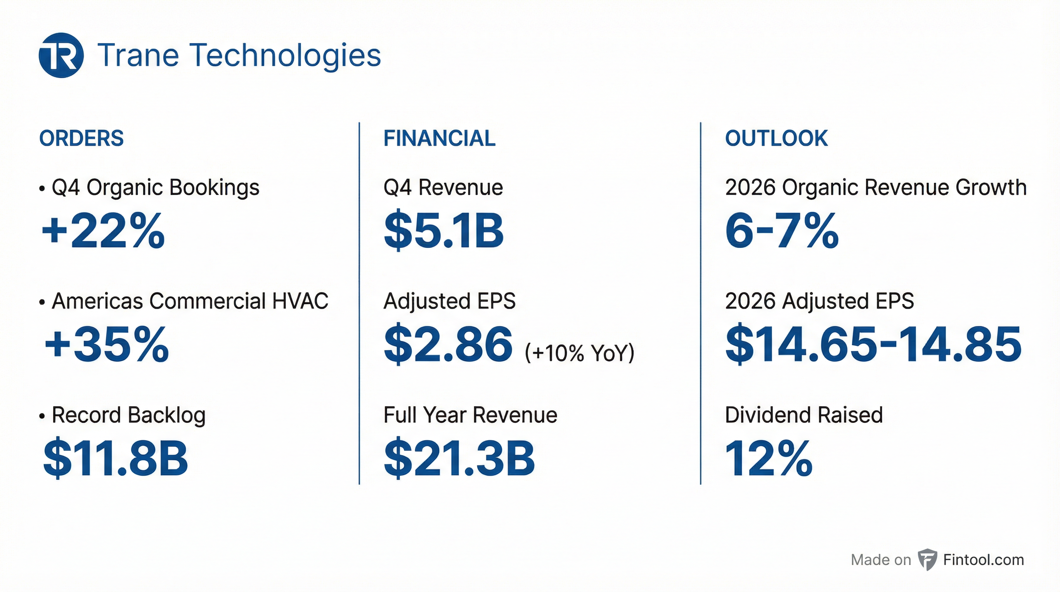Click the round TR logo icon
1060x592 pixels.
tap(61, 55)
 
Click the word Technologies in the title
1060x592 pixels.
tap(286, 55)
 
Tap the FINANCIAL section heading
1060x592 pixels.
tap(439, 138)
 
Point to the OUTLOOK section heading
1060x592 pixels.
tap(776, 138)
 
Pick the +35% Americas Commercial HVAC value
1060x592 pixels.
tap(106, 344)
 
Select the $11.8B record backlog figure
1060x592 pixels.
tap(115, 458)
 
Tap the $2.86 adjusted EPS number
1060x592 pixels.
tap(448, 344)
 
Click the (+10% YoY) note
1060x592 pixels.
tap(579, 353)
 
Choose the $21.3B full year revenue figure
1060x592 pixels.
tap(459, 458)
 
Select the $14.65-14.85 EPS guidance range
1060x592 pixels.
tap(873, 344)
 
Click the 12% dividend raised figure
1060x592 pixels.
tap(768, 458)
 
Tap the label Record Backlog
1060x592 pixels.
tap(128, 415)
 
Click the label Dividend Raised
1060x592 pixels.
tap(803, 415)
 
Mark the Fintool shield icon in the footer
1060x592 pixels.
tap(927, 560)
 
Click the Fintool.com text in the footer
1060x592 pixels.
tap(983, 560)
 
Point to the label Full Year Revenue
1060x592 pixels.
tap(470, 415)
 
